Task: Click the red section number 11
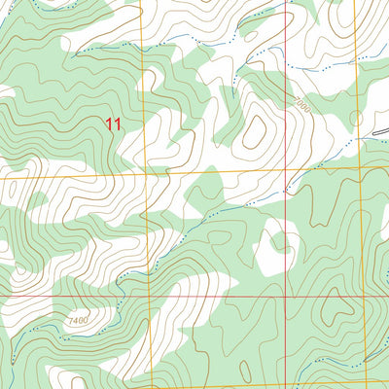pos(115,124)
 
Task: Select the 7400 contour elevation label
pos(79,320)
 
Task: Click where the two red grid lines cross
pos(288,298)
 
